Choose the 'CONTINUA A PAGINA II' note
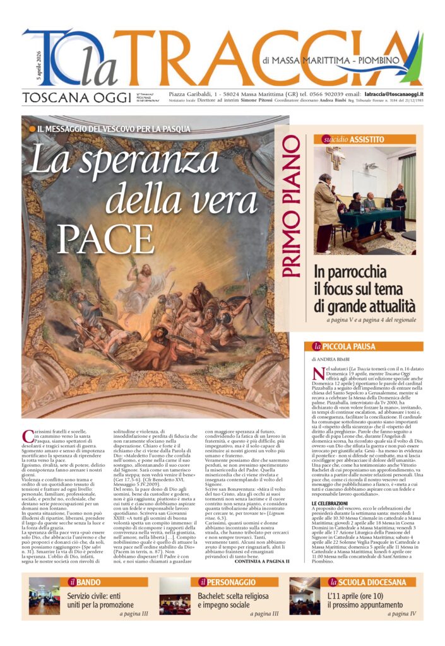[x=261, y=561]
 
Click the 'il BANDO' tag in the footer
[x=85, y=582]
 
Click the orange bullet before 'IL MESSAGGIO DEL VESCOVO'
[x=33, y=129]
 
